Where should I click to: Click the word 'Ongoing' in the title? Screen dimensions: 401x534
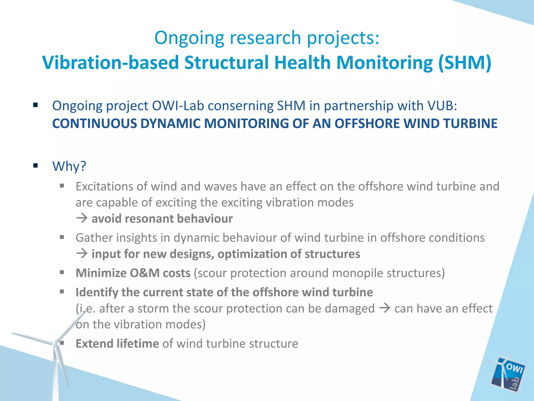click(189, 38)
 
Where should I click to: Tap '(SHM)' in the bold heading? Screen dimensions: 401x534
click(465, 63)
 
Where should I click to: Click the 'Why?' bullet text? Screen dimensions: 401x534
click(69, 166)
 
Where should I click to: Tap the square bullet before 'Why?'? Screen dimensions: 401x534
click(36, 166)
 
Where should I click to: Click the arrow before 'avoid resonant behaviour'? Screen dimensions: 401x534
click(82, 218)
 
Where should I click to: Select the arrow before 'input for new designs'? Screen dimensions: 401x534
click(82, 253)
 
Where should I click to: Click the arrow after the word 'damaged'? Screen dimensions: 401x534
click(384, 308)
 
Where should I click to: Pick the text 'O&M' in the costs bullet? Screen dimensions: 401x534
click(145, 273)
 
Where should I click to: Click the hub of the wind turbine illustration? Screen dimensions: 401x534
click(56, 343)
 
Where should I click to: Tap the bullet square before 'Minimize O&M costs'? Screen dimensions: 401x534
click(62, 273)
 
